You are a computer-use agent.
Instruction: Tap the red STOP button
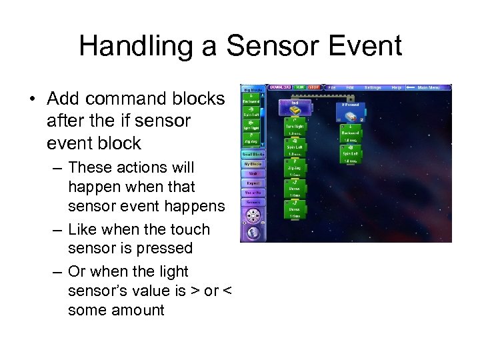(314, 87)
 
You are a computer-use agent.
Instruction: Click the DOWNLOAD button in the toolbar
(279, 87)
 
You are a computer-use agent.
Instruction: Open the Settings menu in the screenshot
(373, 87)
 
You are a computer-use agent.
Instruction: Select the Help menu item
(397, 87)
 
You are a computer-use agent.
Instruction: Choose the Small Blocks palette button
(253, 154)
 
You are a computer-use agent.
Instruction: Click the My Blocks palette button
(253, 164)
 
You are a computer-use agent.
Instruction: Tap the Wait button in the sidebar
(253, 173)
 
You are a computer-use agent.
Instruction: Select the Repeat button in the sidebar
(253, 183)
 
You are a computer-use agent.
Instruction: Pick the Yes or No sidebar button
(253, 193)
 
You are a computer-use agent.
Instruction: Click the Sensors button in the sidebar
(253, 202)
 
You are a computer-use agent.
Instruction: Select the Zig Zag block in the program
(294, 166)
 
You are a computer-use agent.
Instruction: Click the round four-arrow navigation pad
(253, 216)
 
